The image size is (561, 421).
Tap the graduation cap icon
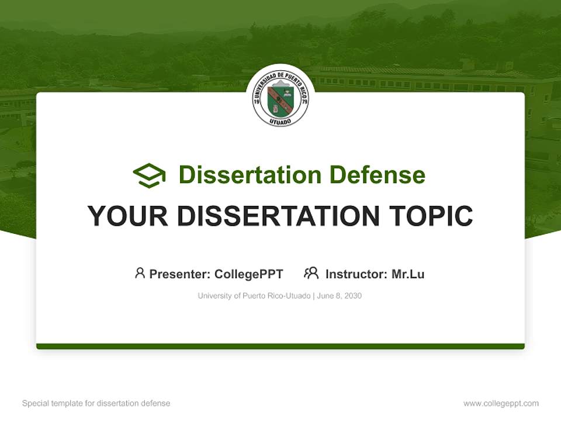click(149, 175)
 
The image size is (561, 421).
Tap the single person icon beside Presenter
click(140, 273)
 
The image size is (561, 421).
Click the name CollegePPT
click(248, 274)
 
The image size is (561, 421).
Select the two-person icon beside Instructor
click(311, 273)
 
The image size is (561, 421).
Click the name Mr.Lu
click(408, 274)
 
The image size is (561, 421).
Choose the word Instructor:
click(356, 274)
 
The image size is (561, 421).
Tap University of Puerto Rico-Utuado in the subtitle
click(254, 296)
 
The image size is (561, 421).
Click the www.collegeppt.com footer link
click(501, 403)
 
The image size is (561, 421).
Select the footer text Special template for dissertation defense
click(96, 403)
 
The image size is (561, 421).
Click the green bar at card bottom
click(280, 346)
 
